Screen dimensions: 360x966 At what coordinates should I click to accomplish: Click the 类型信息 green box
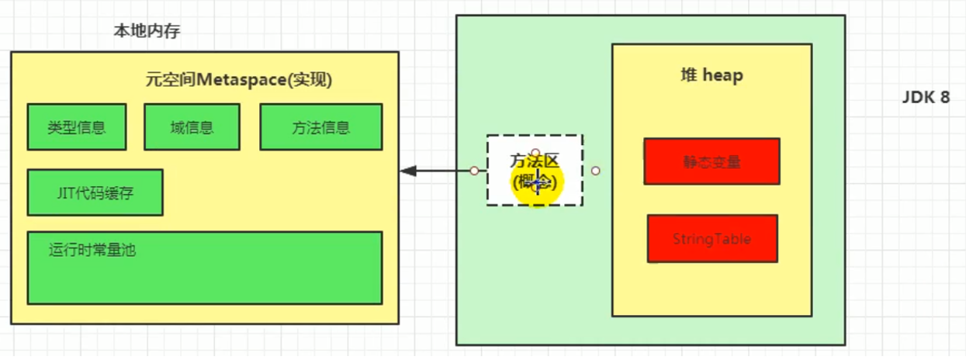[x=76, y=127]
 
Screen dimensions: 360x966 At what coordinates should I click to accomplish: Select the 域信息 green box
[x=192, y=127]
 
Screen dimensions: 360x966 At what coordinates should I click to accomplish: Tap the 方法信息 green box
[x=320, y=127]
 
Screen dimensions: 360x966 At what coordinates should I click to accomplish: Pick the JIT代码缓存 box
[x=95, y=192]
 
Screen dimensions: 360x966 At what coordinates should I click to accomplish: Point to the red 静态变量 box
[x=712, y=161]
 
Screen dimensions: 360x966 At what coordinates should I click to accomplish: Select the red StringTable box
[x=712, y=239]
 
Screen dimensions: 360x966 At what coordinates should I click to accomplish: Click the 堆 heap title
[x=711, y=75]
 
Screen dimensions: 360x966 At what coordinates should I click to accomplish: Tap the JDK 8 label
[x=926, y=99]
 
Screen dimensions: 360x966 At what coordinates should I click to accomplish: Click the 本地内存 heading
[x=147, y=32]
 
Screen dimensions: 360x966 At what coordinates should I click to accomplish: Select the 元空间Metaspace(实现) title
[x=239, y=79]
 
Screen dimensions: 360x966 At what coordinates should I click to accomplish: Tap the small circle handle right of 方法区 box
[x=595, y=171]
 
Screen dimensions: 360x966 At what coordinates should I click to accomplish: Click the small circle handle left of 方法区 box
[x=473, y=171]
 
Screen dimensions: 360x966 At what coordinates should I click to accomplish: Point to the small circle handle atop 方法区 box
[x=535, y=152]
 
